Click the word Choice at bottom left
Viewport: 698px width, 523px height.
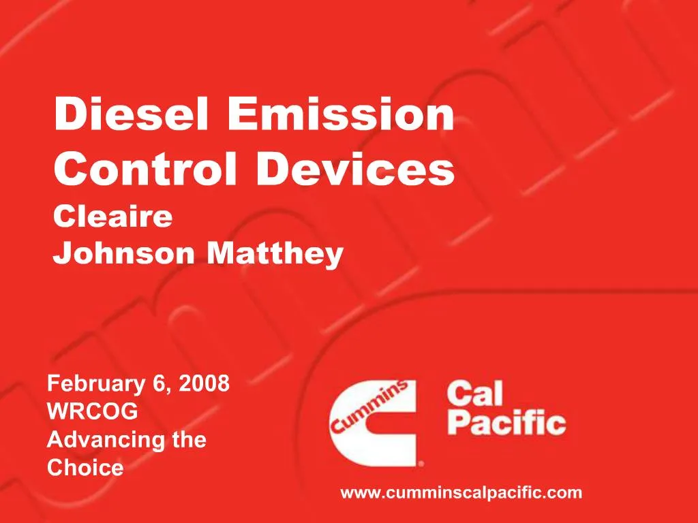(x=85, y=468)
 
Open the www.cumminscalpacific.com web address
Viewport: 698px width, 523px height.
(x=461, y=493)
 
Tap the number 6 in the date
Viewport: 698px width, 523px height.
(x=161, y=384)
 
